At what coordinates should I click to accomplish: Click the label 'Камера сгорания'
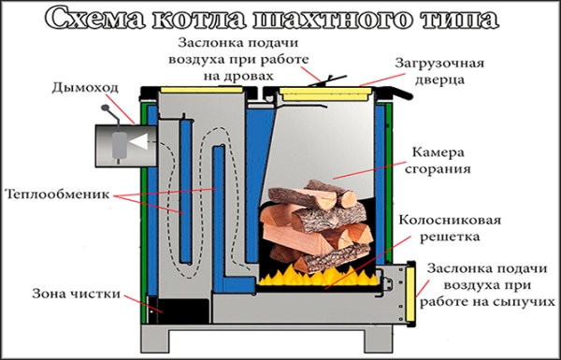pos(441,160)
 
